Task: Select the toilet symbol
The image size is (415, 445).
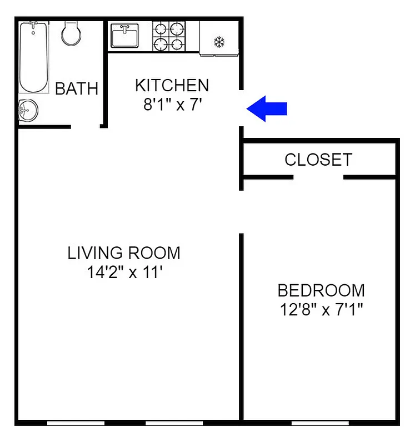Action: click(71, 33)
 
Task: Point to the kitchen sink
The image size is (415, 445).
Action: click(124, 37)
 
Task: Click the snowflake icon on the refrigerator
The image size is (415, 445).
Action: click(219, 42)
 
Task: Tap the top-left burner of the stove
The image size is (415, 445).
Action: click(161, 28)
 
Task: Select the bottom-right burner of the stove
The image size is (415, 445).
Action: click(177, 44)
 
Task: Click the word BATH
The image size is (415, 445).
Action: click(77, 88)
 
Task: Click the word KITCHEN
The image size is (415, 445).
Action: click(172, 86)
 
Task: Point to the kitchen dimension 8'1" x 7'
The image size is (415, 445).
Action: click(172, 105)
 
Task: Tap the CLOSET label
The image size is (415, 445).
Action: click(318, 160)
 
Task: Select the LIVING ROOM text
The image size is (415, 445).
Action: click(124, 253)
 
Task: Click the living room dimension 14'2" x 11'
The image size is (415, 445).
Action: click(124, 273)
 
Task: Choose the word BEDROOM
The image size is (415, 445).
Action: click(321, 290)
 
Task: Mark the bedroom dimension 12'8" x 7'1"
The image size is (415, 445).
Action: click(321, 309)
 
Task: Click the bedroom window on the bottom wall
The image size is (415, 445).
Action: click(320, 423)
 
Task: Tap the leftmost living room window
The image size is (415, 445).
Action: click(76, 423)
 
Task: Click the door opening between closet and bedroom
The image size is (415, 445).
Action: click(318, 177)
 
